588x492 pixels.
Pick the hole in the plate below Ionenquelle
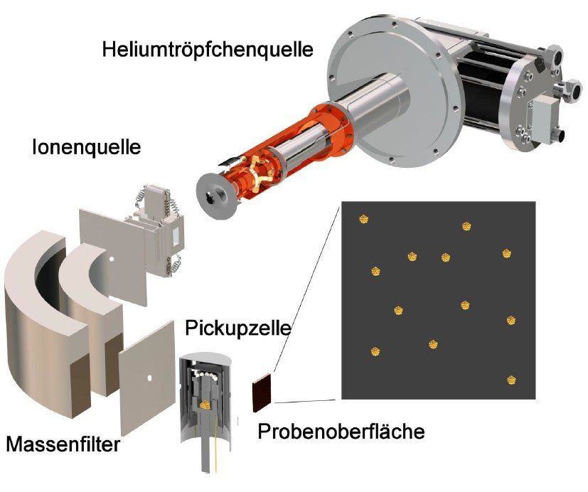tap(150, 376)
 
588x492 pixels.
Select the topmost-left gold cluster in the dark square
tap(364, 219)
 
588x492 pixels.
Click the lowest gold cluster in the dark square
tap(511, 380)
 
